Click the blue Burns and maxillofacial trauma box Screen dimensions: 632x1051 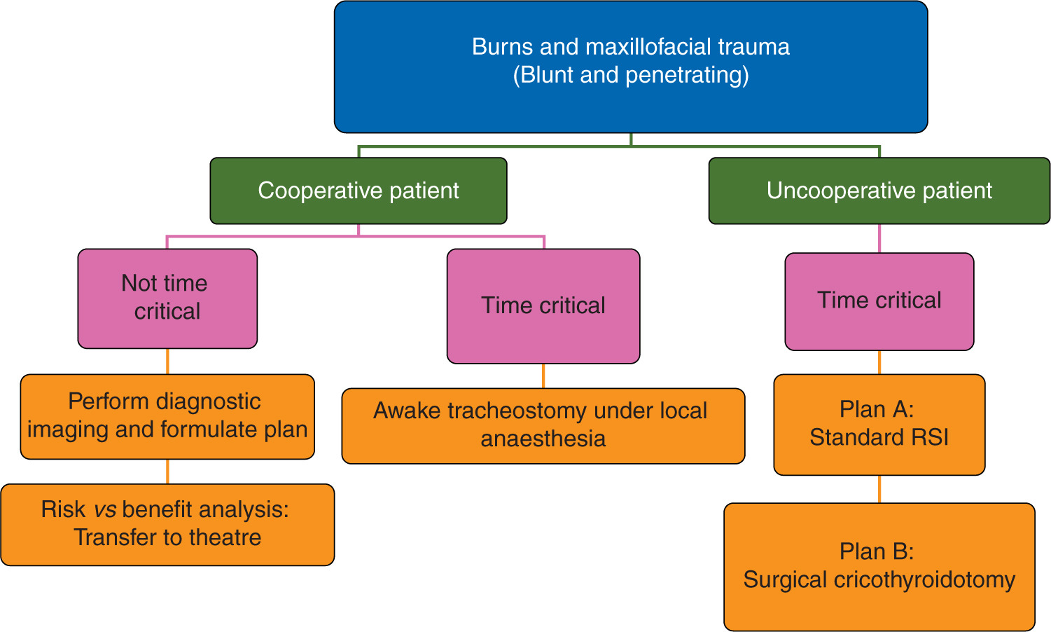[x=631, y=67]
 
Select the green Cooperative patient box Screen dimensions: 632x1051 [x=359, y=191]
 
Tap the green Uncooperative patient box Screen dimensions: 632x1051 [x=879, y=191]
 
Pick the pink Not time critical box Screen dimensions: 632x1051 [x=167, y=298]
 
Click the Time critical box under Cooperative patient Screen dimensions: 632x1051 [x=543, y=305]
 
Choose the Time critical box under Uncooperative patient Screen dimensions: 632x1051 [x=879, y=301]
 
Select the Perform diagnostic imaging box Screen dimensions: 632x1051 [x=167, y=416]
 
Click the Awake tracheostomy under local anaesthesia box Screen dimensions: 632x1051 [x=543, y=425]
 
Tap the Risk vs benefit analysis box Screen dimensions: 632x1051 [x=167, y=524]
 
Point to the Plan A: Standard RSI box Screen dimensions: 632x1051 [x=879, y=424]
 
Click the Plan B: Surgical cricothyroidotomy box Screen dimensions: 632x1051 [x=879, y=566]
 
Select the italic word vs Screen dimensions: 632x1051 [x=105, y=509]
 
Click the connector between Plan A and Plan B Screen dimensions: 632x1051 [x=879, y=489]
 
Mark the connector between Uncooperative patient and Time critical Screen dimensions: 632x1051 [x=879, y=238]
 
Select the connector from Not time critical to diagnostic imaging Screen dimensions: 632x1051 [x=167, y=361]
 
